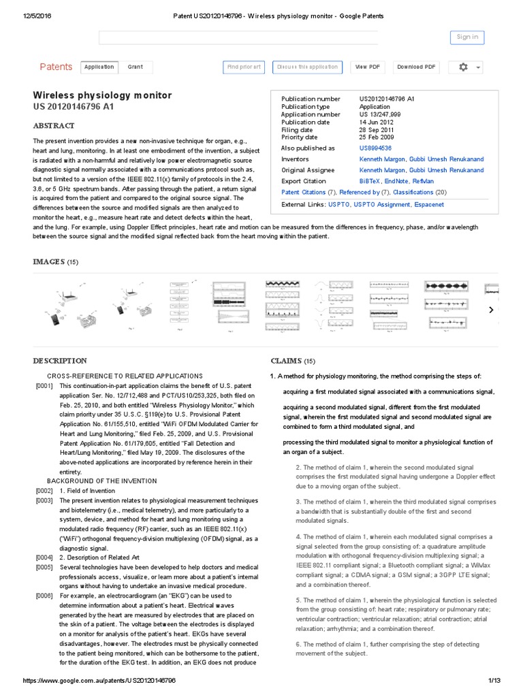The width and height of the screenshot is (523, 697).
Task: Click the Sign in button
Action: click(466, 37)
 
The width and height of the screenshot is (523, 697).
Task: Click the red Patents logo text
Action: click(56, 67)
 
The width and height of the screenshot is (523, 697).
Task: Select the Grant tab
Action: click(135, 67)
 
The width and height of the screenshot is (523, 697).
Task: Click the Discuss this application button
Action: click(306, 67)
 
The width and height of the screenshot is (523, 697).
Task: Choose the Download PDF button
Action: click(416, 67)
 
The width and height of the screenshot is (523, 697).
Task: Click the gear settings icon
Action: click(464, 67)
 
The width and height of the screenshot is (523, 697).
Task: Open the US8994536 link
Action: click(375, 148)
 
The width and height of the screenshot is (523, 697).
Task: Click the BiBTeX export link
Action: click(370, 181)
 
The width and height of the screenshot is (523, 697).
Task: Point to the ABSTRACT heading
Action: click(54, 126)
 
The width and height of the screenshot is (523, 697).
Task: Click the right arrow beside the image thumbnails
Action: click(491, 310)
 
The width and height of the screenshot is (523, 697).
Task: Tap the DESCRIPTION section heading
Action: click(60, 361)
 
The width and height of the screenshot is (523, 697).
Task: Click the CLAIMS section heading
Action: click(286, 361)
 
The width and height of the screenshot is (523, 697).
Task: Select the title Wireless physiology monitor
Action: click(102, 95)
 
